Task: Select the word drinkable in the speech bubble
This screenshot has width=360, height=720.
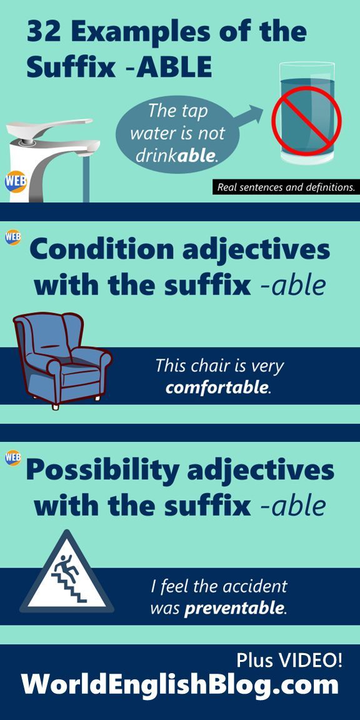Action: [176, 156]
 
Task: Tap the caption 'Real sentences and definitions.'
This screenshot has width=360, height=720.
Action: [286, 187]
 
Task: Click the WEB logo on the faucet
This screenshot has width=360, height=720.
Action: [16, 181]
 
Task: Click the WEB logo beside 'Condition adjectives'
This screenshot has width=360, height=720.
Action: [13, 237]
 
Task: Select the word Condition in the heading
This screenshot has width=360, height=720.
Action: [101, 250]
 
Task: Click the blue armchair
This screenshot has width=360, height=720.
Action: [61, 360]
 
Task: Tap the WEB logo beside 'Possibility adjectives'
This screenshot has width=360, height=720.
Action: [13, 457]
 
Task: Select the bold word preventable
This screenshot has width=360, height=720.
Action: [235, 608]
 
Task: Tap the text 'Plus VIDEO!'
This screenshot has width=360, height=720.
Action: [289, 660]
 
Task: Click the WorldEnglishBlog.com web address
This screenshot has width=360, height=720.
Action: [179, 685]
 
